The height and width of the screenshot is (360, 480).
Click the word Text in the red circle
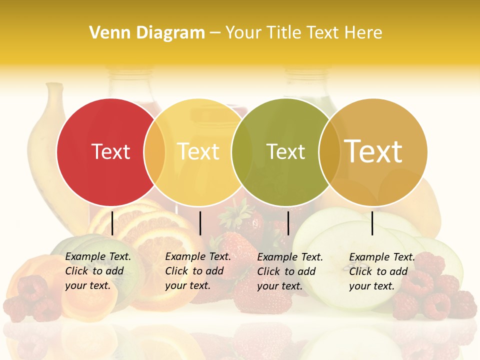point(111,151)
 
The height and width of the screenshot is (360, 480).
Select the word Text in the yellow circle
point(198,151)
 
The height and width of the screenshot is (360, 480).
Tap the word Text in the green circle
point(285,151)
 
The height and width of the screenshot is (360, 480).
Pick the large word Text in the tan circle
point(373,151)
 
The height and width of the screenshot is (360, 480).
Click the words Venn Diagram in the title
point(147,33)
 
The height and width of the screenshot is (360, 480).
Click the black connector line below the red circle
point(112,223)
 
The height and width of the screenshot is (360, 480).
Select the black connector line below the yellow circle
point(200,223)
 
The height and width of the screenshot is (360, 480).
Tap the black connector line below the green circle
point(288,223)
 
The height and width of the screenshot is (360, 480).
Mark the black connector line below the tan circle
point(372,223)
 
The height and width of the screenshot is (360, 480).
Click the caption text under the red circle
point(97,271)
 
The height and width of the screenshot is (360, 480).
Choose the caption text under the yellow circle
point(197,271)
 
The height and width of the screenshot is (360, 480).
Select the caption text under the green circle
point(289,271)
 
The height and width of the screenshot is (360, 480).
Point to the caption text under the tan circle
point(381,271)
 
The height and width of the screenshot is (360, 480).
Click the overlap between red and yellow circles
point(154,151)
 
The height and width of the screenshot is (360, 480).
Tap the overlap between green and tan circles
point(329,151)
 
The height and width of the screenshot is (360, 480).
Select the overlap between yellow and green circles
point(241,151)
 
